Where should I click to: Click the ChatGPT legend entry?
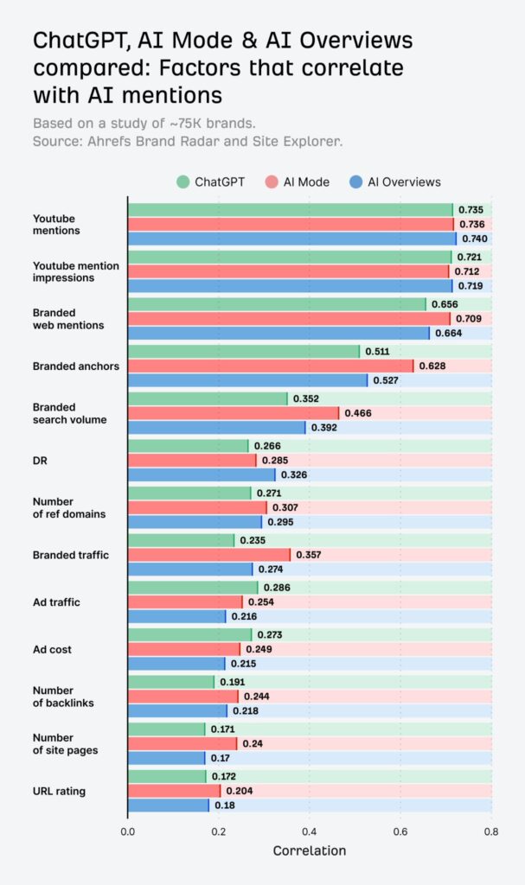tap(213, 181)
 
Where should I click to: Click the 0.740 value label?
tap(472, 239)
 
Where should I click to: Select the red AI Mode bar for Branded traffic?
tap(209, 554)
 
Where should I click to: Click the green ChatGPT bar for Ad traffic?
tap(192, 587)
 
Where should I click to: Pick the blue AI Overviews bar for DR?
tap(202, 474)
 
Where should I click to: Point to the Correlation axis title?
tap(309, 850)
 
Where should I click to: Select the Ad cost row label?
tap(54, 649)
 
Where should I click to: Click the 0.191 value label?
tap(233, 682)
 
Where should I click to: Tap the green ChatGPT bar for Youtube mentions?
tap(290, 210)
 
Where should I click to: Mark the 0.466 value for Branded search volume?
tap(358, 413)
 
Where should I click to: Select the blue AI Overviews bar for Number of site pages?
tap(166, 758)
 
